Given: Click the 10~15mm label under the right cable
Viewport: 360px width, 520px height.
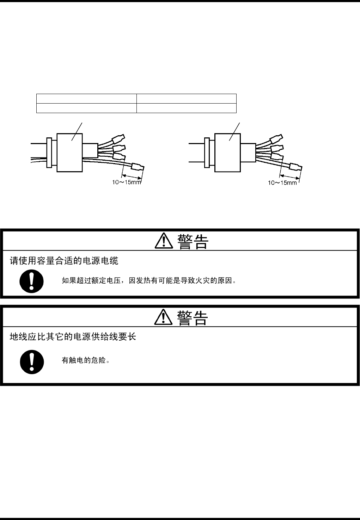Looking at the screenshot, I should (282, 182).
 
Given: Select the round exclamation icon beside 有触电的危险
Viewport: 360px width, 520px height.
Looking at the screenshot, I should (32, 361).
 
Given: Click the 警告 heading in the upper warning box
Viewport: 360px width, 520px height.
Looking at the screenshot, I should (193, 242).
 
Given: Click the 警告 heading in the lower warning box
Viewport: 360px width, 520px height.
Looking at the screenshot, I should (193, 318).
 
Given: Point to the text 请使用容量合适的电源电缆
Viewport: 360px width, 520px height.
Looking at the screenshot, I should (64, 261).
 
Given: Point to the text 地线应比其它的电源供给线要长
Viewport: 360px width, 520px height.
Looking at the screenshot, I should (73, 337).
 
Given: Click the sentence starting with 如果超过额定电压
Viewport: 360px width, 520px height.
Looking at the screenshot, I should (148, 281).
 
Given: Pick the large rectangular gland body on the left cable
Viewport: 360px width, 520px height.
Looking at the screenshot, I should (69, 153).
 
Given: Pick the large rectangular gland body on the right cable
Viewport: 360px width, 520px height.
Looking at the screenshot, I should (227, 153).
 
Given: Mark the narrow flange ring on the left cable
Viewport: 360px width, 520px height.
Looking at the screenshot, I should (49, 153).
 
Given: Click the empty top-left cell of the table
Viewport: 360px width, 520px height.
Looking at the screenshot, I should (86, 99).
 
